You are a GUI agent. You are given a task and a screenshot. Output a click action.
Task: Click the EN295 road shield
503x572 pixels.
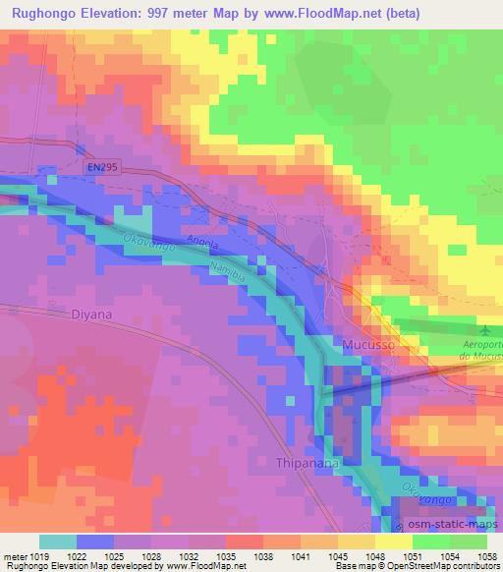[98, 168]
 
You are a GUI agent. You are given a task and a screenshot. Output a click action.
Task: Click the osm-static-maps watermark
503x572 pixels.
[448, 525]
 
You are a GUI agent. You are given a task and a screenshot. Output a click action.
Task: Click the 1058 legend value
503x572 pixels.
[486, 555]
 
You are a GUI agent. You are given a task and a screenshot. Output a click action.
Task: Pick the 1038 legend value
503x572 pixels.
[264, 555]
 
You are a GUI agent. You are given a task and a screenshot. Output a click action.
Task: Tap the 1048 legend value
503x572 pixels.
[375, 555]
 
